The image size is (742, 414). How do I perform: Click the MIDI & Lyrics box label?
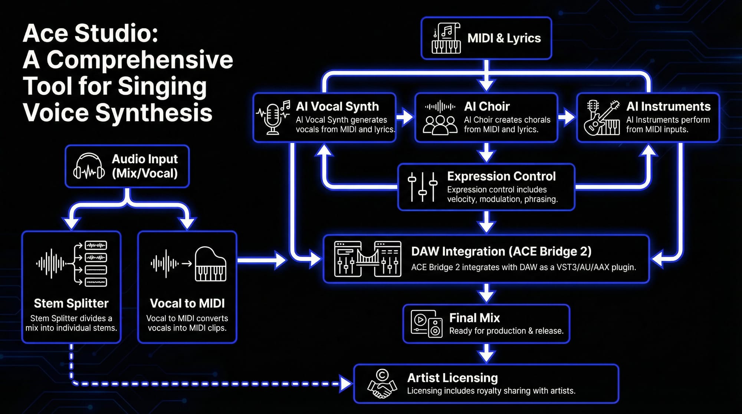pyautogui.click(x=504, y=38)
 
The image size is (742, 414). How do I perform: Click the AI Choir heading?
pyautogui.click(x=487, y=106)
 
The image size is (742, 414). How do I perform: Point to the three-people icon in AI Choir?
pyautogui.click(x=440, y=125)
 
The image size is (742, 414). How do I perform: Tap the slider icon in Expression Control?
pyautogui.click(x=422, y=187)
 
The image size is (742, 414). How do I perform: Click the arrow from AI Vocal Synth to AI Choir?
pyautogui.click(x=405, y=117)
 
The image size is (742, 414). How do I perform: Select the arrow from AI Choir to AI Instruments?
pyautogui.click(x=567, y=117)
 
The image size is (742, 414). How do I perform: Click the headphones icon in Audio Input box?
pyautogui.click(x=89, y=167)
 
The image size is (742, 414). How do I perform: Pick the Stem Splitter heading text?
pyautogui.click(x=71, y=303)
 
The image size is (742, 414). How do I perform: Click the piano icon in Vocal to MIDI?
pyautogui.click(x=210, y=264)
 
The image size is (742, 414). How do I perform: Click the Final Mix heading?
pyautogui.click(x=474, y=318)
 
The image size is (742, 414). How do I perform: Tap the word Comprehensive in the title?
pyautogui.click(x=140, y=60)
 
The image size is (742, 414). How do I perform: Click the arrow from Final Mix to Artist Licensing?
pyautogui.click(x=486, y=354)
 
